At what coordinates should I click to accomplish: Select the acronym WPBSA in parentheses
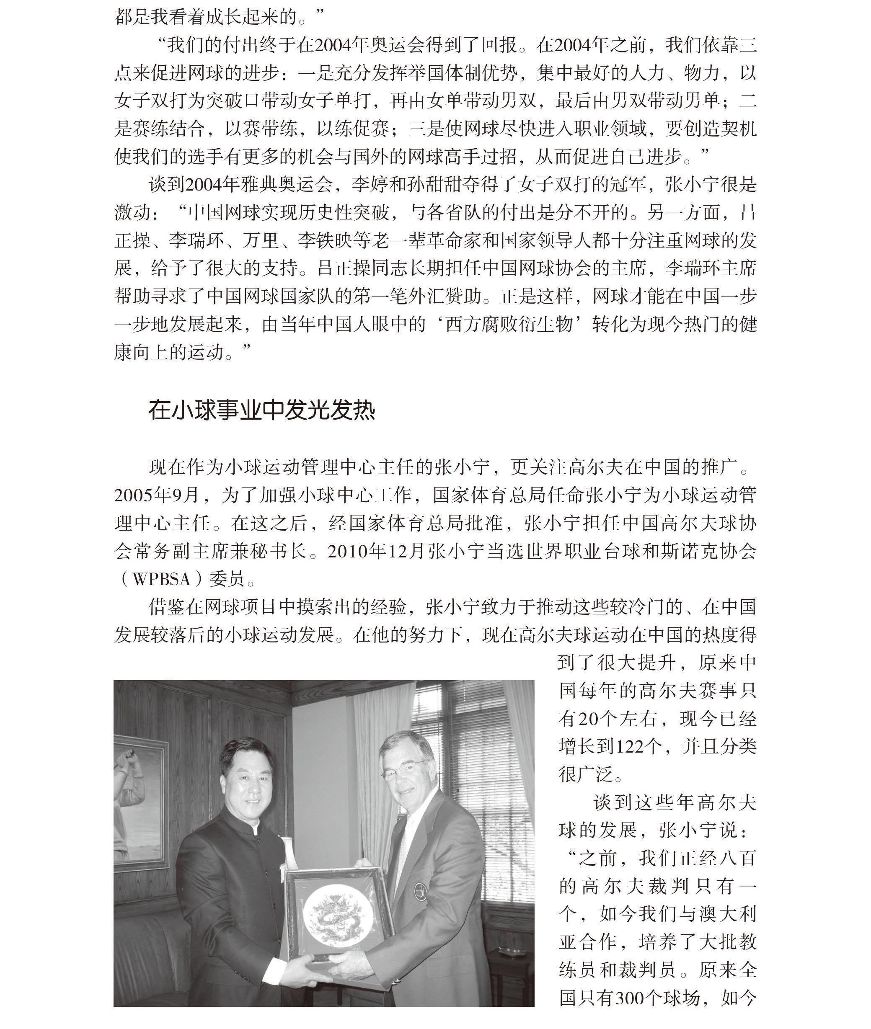tap(161, 579)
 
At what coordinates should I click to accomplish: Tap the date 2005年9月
tap(157, 495)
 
